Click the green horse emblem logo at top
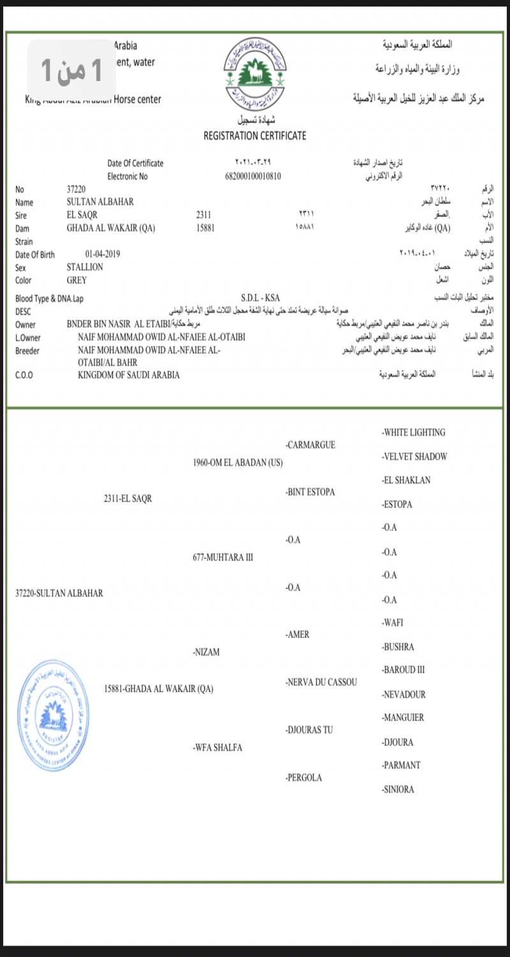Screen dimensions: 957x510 pos(255,73)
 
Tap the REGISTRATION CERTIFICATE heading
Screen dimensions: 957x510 pos(255,135)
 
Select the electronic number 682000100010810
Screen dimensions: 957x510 pos(253,176)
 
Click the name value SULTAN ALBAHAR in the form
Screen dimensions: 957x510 pos(100,202)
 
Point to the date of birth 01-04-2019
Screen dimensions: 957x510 pos(102,254)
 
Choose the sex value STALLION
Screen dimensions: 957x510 pos(85,267)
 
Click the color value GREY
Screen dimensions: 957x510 pos(76,280)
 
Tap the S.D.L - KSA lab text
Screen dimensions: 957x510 pos(260,298)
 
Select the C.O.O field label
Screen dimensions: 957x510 pos(24,375)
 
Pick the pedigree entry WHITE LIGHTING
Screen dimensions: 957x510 pos(414,433)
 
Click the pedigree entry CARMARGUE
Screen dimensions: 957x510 pos(310,445)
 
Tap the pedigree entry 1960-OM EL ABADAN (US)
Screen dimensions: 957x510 pos(237,462)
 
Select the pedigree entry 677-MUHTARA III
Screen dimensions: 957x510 pos(222,557)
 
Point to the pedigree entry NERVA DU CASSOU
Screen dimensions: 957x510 pos(321,682)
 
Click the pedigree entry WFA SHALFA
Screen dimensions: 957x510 pos(217,748)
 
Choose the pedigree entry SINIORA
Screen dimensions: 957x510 pos(398,789)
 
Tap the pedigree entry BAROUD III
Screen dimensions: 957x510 pos(403,670)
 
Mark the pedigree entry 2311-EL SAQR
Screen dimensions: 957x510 pos(127,498)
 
